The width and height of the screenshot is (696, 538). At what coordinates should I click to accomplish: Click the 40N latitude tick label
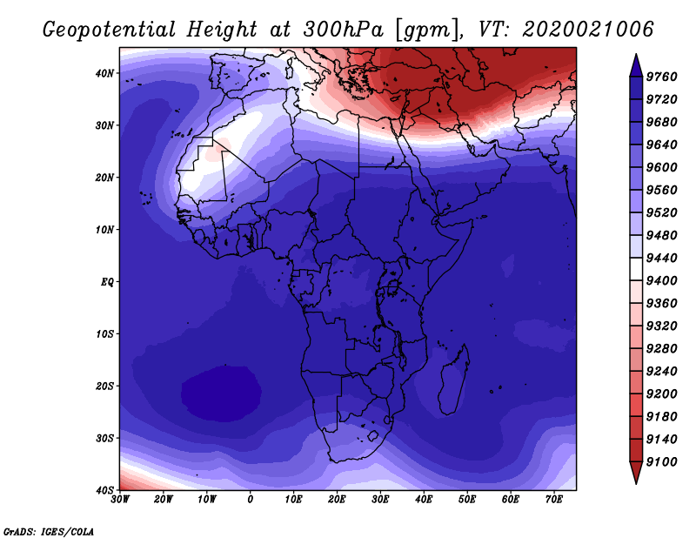point(104,73)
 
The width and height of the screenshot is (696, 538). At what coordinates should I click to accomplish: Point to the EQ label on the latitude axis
point(107,282)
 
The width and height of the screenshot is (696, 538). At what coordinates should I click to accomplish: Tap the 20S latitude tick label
point(104,386)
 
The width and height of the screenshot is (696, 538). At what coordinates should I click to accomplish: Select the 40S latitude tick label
point(104,490)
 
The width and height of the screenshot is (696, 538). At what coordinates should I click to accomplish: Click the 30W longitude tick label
point(120,500)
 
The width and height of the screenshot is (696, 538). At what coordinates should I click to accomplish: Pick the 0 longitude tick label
point(251,500)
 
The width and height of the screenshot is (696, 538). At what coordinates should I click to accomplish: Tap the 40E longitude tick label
point(424,500)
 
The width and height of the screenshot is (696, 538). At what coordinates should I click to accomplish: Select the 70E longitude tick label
point(554,500)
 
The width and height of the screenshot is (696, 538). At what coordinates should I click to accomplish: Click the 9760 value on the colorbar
point(661,77)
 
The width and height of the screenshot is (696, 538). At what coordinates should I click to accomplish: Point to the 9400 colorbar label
point(661,281)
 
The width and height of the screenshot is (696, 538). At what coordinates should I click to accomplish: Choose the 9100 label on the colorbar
point(661,462)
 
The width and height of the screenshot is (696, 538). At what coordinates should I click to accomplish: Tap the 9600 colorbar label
point(661,167)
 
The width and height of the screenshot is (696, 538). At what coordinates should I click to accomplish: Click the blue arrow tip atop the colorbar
point(636,55)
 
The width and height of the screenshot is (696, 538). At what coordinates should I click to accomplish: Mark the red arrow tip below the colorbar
point(636,482)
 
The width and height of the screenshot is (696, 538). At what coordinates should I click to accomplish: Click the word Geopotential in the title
point(110,30)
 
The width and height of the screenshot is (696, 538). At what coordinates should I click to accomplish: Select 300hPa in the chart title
point(343,30)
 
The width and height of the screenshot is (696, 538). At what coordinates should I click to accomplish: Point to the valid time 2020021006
point(588,29)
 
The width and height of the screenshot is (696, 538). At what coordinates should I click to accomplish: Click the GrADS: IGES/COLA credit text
point(49,531)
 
